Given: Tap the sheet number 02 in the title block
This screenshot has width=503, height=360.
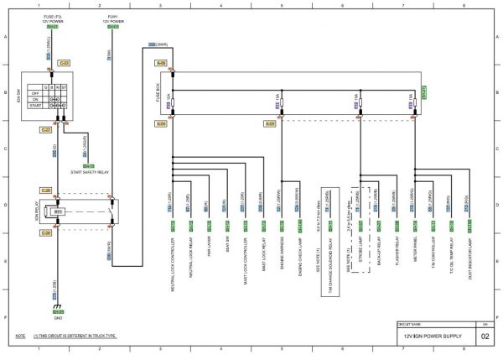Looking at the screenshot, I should (485, 337).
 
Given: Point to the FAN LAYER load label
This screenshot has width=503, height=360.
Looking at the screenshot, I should (208, 250).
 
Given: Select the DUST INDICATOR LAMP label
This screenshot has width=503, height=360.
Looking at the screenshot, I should (470, 256).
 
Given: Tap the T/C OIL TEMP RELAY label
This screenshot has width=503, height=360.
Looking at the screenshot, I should (451, 254).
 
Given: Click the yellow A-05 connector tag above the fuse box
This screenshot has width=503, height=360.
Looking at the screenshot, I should (160, 63).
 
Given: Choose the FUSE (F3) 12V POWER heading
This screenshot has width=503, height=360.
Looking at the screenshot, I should (52, 18).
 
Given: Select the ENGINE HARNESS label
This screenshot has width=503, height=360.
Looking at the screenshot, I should (283, 253).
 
